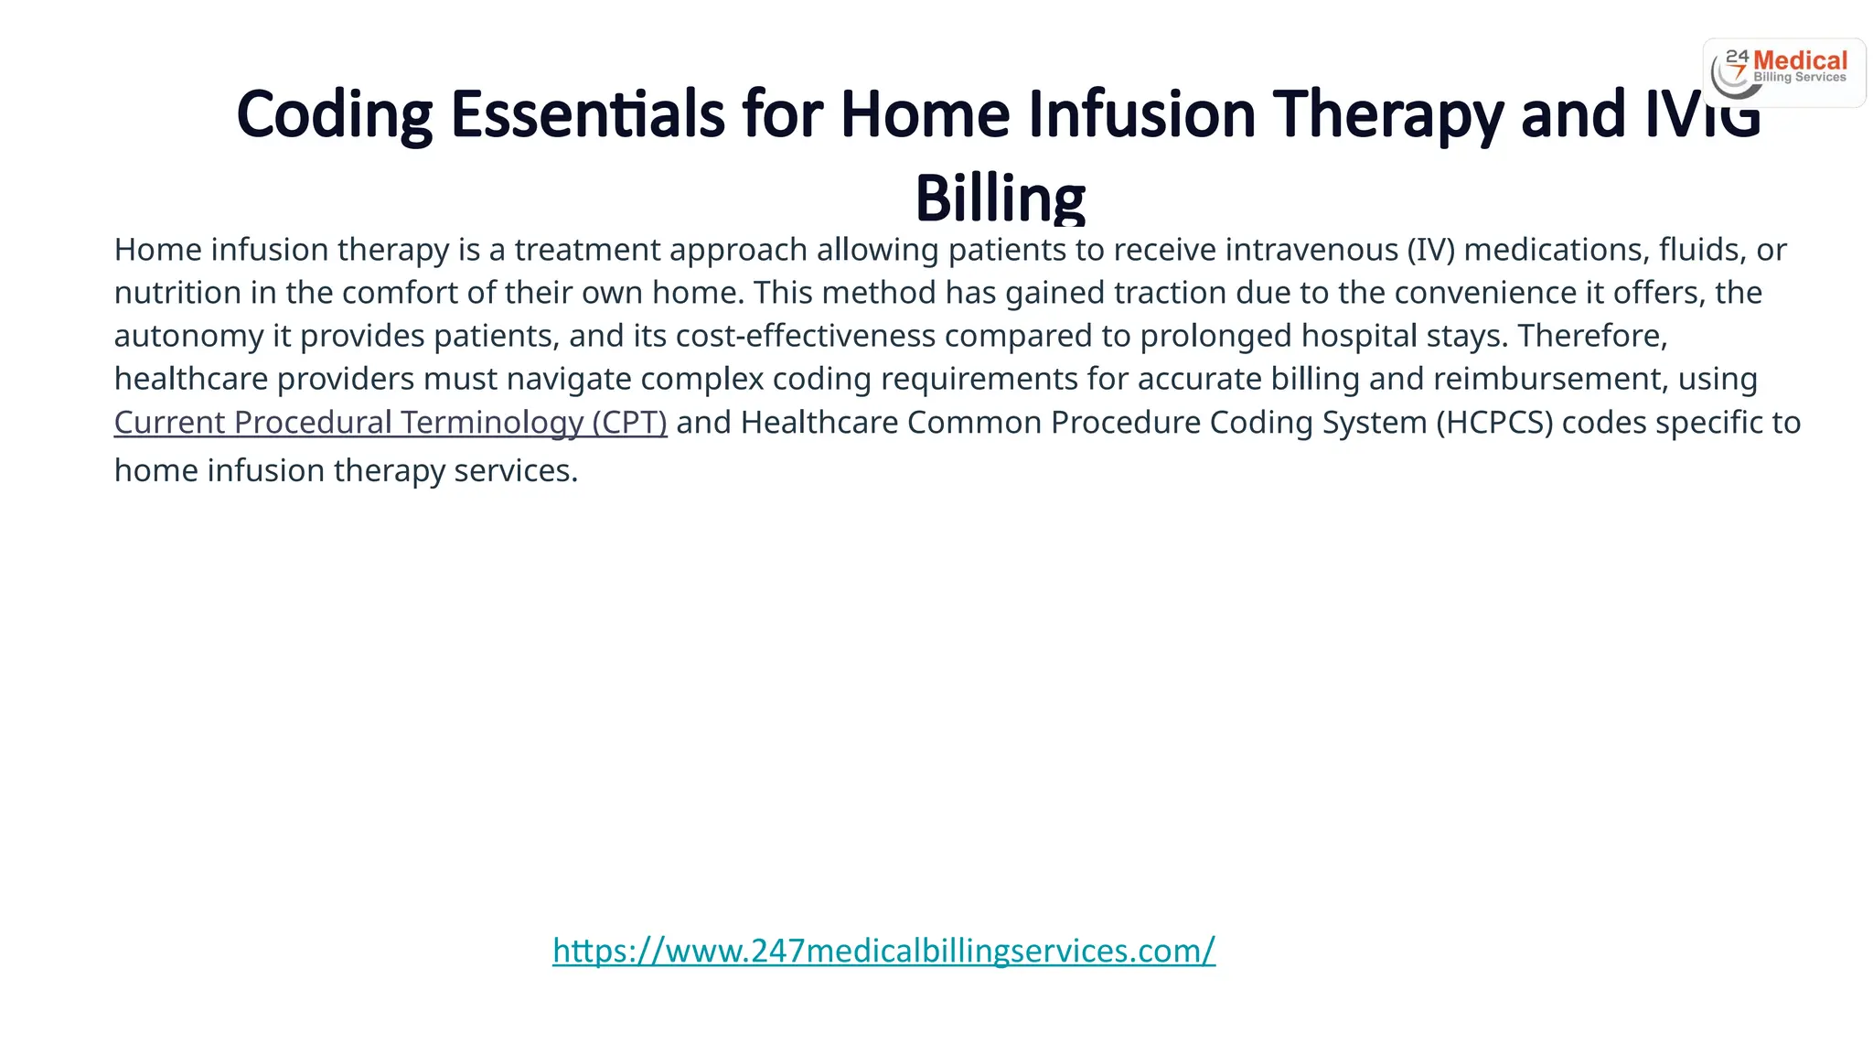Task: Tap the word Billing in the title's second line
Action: pos(1000,198)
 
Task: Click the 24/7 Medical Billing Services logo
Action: pos(1783,71)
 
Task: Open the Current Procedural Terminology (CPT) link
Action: pos(391,423)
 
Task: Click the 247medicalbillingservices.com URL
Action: pos(883,951)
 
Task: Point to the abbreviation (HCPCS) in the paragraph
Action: pos(1493,423)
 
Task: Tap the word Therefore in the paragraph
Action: pos(1592,336)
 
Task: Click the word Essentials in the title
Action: pos(588,116)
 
